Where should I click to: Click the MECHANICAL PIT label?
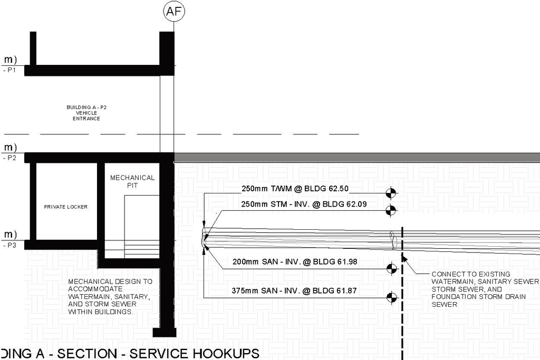tap(132, 182)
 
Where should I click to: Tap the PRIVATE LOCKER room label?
tap(66, 207)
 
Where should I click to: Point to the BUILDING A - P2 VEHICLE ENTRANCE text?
tap(86, 113)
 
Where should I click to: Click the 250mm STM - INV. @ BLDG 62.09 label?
tap(302, 205)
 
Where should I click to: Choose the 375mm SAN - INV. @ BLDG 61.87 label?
tap(297, 290)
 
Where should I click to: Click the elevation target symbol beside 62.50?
tap(391, 193)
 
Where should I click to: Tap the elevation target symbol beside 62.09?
tap(391, 210)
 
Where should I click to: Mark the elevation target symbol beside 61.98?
tap(391, 269)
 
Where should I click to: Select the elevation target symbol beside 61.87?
tap(391, 298)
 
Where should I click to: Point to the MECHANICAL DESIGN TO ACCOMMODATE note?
tap(111, 297)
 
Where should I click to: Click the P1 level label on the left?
tap(11, 70)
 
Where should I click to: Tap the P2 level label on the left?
tap(11, 158)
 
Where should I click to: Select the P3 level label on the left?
tap(11, 246)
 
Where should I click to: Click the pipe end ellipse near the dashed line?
tap(392, 241)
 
